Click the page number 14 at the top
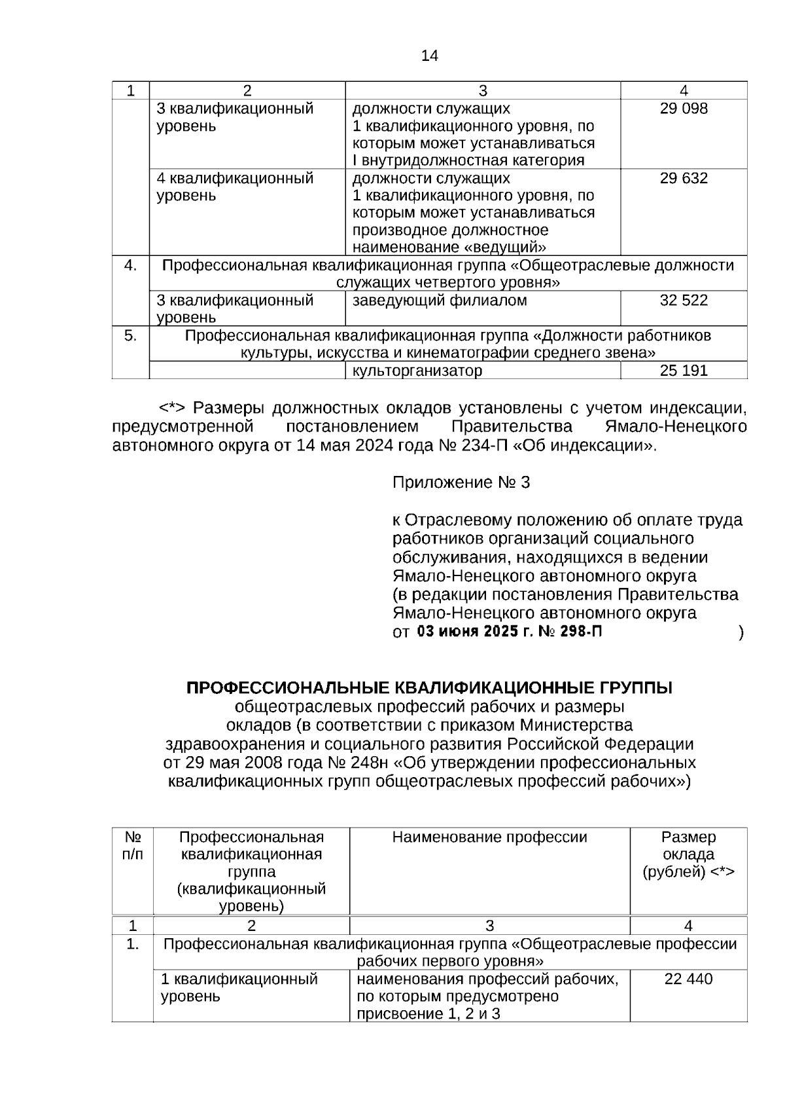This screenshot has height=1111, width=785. [430, 56]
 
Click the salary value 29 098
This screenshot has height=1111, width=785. [684, 109]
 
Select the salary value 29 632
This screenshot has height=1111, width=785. [684, 179]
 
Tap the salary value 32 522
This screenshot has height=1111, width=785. [684, 301]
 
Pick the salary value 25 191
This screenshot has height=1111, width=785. [684, 371]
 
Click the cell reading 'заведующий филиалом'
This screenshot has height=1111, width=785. [440, 301]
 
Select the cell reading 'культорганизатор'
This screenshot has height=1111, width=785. [417, 371]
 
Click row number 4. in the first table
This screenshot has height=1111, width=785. [131, 265]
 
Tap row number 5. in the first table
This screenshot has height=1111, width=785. [131, 336]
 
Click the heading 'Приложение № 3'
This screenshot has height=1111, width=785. [461, 483]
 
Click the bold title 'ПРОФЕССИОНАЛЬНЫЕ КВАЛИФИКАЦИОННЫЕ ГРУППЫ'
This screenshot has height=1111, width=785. [429, 688]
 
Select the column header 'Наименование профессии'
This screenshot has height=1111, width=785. [489, 837]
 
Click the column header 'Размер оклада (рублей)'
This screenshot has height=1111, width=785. [688, 854]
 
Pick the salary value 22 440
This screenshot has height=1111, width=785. [688, 979]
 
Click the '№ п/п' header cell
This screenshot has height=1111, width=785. [133, 846]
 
